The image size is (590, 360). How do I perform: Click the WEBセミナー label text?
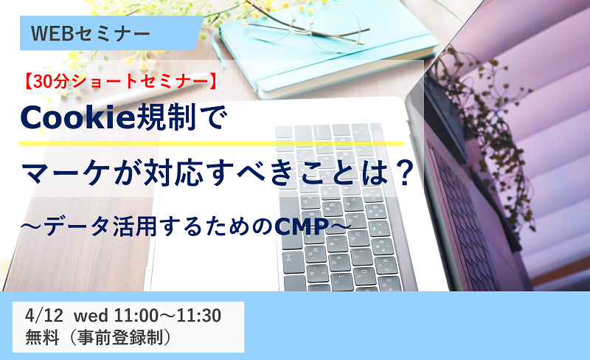point(90,33)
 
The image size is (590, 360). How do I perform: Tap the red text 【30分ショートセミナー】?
point(120,82)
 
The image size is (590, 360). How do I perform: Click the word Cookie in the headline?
point(77,117)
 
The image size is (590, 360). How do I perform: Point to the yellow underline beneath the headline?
point(212,143)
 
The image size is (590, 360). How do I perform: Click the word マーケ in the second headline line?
point(63,173)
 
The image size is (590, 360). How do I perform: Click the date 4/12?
point(44,315)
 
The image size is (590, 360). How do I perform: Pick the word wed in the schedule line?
point(91,316)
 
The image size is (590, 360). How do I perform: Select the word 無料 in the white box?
point(42,337)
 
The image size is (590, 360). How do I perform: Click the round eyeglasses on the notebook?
point(305,27)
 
